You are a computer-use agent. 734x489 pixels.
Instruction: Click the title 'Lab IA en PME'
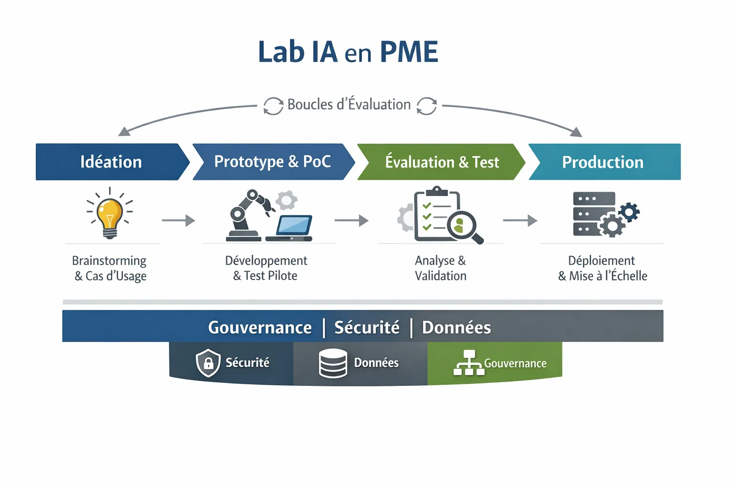point(348,52)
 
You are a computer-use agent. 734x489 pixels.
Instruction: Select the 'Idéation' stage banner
point(111,162)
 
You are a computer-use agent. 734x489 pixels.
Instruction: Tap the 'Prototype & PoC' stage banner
point(272,162)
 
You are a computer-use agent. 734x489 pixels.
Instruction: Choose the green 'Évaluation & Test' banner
point(442,162)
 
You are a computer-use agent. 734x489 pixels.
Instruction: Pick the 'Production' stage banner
point(603,162)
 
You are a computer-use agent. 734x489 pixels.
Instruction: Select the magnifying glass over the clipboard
point(464,226)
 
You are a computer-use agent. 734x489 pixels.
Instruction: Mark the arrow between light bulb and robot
point(178,220)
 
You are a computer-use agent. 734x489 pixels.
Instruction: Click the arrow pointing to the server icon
point(520,220)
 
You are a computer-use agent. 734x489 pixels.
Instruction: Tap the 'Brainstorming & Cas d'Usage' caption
point(110,268)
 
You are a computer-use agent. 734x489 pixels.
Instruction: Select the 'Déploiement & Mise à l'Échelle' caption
point(602,268)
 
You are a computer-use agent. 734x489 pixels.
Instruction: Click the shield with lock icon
point(208,363)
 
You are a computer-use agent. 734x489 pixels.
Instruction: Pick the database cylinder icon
point(333,363)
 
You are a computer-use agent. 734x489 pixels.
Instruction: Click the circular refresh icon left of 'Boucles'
point(273,106)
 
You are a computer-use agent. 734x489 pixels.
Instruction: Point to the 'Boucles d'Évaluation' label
point(349,105)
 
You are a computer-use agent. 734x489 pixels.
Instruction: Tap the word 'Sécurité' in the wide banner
point(367,328)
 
